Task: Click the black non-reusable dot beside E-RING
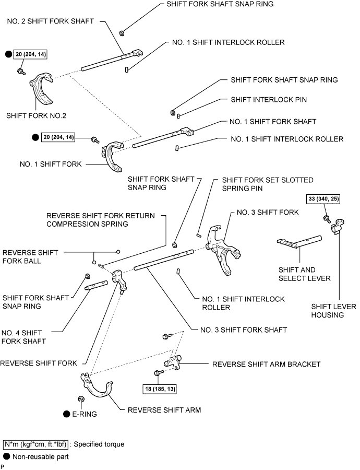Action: (67, 414)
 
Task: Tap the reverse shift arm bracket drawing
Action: (172, 361)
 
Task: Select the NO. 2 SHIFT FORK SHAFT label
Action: (50, 21)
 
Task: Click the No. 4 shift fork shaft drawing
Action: (98, 285)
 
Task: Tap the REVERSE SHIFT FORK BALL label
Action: (30, 256)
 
